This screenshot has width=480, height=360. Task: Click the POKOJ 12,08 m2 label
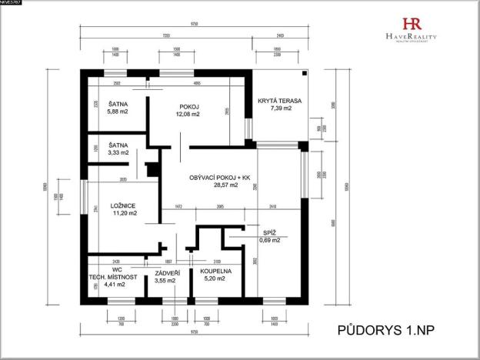(189, 107)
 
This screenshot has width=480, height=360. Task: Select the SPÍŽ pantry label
(270, 232)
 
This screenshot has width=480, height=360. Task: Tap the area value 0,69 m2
(270, 240)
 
